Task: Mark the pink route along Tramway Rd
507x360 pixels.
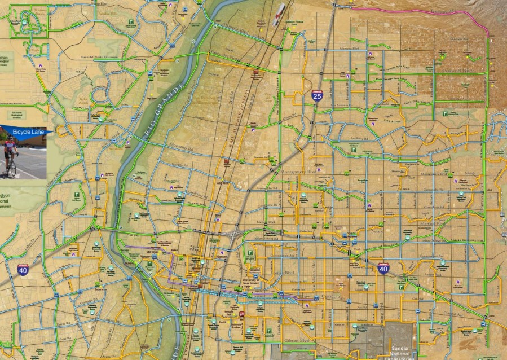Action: [429, 11]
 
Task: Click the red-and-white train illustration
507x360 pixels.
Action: [279, 14]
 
